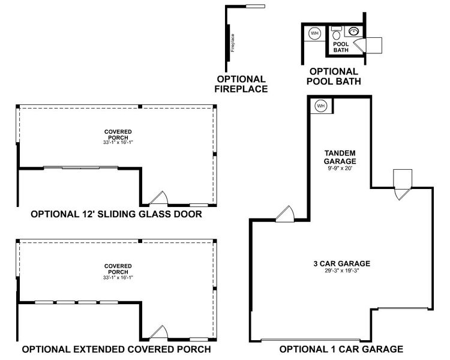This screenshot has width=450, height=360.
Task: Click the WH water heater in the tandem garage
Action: [320, 106]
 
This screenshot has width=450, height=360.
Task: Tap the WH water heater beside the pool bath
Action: [314, 34]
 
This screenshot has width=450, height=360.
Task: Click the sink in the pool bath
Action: [354, 31]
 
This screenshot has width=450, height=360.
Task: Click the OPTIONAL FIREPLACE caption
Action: [242, 84]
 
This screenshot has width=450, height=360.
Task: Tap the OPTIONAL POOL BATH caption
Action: [334, 76]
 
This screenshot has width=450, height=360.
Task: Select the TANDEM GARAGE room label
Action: [340, 157]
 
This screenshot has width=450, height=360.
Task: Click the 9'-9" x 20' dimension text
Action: [340, 169]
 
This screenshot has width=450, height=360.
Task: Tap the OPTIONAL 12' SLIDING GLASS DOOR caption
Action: [116, 214]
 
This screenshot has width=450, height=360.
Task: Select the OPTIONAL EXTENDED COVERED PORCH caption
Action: [116, 349]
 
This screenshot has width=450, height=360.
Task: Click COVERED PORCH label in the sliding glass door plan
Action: [118, 134]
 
